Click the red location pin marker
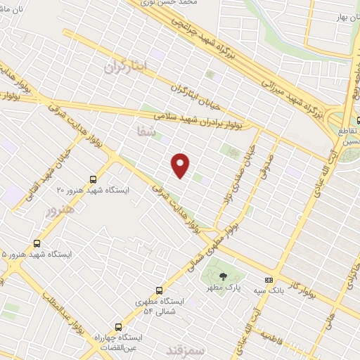pos(181,165)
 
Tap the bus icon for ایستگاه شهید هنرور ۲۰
pos(94,179)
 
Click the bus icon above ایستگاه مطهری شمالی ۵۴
pos(159,290)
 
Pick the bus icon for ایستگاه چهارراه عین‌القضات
pos(117,327)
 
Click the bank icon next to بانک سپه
pos(267,279)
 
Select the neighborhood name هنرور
pos(59,210)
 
